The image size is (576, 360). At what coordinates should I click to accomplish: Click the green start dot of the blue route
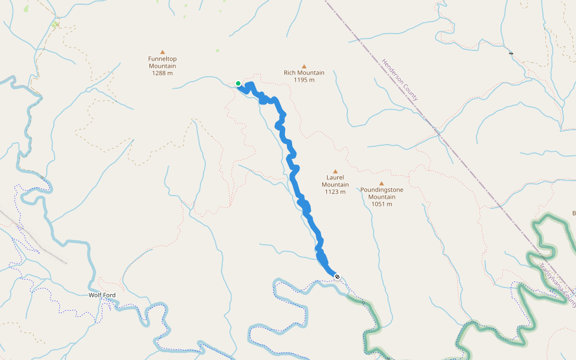238,83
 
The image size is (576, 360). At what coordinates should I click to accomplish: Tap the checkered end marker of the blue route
337,277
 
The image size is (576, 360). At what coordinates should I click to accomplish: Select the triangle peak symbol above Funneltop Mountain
163,52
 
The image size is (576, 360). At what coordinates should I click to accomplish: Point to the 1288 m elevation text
163,73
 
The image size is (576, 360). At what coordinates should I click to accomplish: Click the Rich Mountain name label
304,73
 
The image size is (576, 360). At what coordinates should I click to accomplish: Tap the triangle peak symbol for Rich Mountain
304,66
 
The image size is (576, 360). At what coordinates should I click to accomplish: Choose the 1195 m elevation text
304,80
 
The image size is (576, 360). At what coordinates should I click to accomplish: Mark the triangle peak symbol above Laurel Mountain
335,171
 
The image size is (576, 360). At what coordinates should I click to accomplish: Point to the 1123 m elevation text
335,192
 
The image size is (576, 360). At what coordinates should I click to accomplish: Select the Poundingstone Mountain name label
382,193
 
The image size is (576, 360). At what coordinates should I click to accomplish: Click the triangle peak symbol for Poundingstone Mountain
382,183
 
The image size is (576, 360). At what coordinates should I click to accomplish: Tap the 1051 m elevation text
382,204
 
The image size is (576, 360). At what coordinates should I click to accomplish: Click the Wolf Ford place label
102,295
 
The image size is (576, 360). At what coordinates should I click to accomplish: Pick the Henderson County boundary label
400,79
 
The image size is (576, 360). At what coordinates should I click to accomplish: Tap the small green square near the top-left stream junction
55,25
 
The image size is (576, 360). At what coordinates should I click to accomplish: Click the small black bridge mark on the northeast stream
511,53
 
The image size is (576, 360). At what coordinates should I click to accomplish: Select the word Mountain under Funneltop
163,66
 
